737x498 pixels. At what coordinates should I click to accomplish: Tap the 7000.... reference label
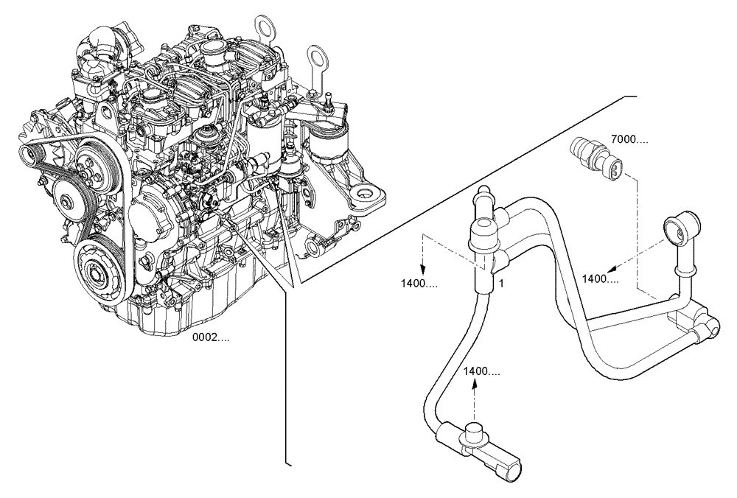[630, 138]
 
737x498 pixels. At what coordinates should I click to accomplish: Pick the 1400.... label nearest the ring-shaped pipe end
[601, 278]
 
